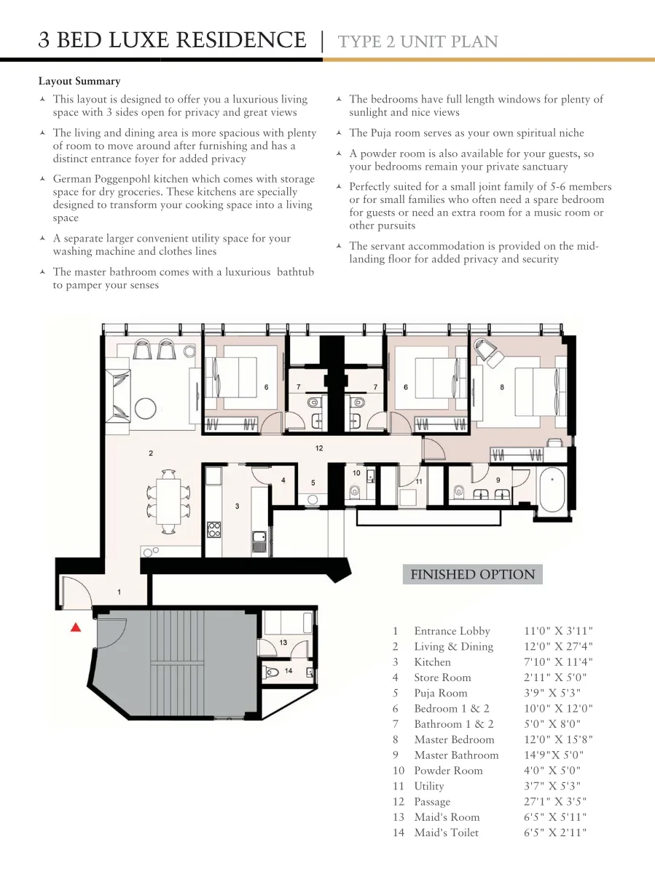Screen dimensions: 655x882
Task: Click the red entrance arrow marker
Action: click(76, 627)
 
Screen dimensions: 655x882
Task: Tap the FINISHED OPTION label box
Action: click(473, 574)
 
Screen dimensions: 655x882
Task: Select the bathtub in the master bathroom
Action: click(552, 489)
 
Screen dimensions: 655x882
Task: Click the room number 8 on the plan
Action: click(502, 387)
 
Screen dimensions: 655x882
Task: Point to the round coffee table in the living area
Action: click(145, 408)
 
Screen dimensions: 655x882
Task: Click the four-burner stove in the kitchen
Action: click(213, 530)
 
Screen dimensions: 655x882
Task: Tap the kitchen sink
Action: click(259, 541)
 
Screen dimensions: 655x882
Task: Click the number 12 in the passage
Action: click(319, 448)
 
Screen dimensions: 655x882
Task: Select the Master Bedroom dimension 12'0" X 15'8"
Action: click(558, 739)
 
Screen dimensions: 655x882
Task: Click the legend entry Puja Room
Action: click(440, 693)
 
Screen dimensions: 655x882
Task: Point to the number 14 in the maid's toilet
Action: click(289, 671)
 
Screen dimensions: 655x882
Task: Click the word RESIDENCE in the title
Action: click(241, 40)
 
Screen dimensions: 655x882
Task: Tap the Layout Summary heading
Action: click(79, 81)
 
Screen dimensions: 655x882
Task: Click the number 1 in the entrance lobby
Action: click(119, 592)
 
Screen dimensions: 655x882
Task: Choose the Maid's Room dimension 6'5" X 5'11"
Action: click(555, 817)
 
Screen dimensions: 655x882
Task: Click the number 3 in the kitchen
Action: click(238, 506)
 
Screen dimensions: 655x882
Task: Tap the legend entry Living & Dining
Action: click(453, 647)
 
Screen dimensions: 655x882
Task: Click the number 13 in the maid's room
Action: click(283, 642)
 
